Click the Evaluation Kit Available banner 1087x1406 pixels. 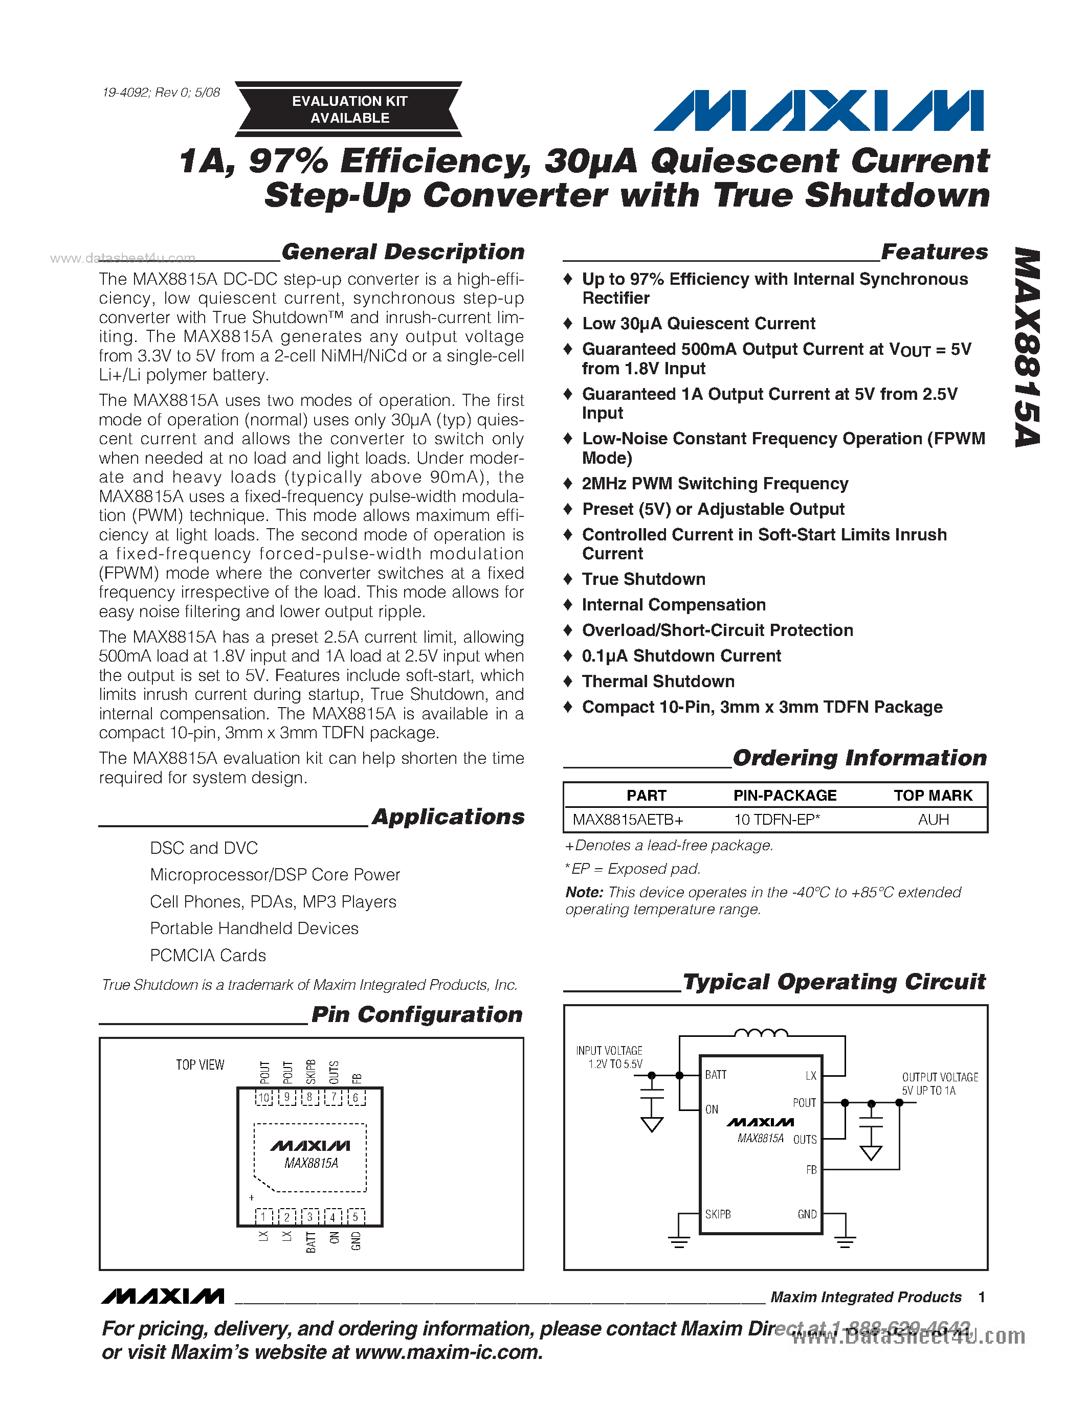pos(349,109)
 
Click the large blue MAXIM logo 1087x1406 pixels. pos(818,111)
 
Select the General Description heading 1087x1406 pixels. pos(403,252)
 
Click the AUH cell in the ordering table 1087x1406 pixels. pos(933,820)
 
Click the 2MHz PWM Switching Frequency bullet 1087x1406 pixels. pos(715,484)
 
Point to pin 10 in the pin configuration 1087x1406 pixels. pos(264,1098)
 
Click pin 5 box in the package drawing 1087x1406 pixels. pos(356,1217)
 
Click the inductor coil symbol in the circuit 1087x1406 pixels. pos(761,1033)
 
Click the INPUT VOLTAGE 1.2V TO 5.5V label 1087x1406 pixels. pos(609,1057)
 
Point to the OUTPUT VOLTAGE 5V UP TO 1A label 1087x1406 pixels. pos(940,1083)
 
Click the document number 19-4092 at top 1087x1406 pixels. pos(161,92)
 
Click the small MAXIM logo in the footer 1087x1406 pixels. pos(163,1297)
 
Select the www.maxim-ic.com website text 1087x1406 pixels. pos(448,1352)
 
